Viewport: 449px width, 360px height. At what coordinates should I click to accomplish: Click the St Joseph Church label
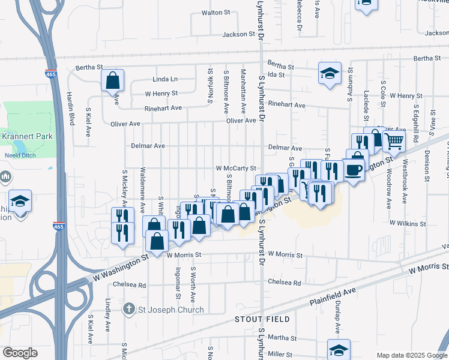(170, 310)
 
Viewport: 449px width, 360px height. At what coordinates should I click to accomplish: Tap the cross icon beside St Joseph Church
(128, 310)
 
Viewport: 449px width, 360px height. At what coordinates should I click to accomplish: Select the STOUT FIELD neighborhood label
(262, 319)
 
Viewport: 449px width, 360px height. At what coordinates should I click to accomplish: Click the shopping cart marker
(394, 142)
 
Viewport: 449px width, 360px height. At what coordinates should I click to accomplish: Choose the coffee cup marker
(354, 170)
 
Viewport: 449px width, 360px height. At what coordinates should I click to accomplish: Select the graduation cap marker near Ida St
(330, 74)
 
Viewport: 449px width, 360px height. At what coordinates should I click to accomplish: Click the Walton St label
(216, 12)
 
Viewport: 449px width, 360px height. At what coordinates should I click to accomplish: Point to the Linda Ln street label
(165, 79)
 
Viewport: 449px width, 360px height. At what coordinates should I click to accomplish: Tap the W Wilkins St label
(408, 223)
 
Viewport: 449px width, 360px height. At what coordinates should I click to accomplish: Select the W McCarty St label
(237, 169)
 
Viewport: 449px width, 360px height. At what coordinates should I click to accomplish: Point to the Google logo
(20, 353)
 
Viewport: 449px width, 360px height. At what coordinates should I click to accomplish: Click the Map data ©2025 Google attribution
(411, 355)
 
